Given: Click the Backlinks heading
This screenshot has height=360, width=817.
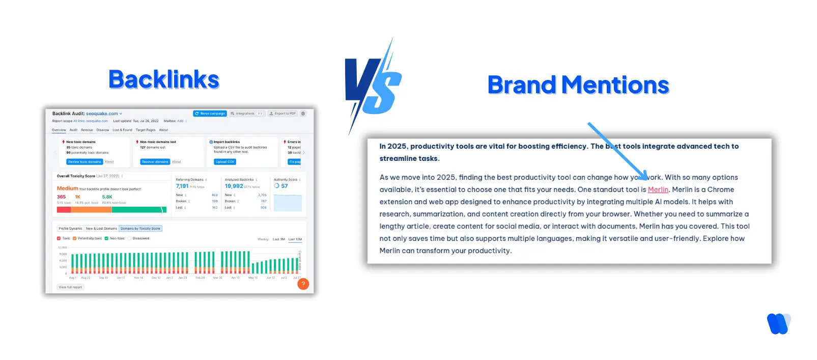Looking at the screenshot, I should (x=163, y=80).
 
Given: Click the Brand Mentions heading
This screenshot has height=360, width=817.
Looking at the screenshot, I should (x=578, y=85).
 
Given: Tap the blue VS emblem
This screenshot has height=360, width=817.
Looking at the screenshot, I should (x=373, y=87).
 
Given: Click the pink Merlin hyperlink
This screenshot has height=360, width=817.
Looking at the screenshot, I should (x=658, y=189).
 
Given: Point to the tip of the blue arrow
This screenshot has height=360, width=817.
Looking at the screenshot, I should (x=646, y=179).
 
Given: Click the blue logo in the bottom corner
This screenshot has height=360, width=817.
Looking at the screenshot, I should (x=778, y=323).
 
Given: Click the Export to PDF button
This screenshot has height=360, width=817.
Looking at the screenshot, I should (x=283, y=114).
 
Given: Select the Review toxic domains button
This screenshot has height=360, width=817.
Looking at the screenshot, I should (x=84, y=162).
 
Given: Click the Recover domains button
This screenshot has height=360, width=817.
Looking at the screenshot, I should (x=155, y=162).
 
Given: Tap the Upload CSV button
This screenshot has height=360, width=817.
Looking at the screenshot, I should (x=224, y=162).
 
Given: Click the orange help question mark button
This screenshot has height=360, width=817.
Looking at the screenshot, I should (x=303, y=284).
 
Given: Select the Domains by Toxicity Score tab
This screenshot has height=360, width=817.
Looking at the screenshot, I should (x=140, y=229).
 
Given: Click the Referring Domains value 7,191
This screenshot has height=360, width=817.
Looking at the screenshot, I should (x=182, y=186).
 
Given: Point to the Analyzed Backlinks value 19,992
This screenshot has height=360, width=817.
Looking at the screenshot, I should (x=234, y=186).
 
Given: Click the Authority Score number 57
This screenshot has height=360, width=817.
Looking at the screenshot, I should (x=285, y=186).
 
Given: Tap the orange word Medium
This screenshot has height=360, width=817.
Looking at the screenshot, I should (x=67, y=188).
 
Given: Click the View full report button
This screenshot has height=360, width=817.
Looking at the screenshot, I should (x=70, y=287).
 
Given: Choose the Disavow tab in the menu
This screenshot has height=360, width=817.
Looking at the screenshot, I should (x=102, y=130).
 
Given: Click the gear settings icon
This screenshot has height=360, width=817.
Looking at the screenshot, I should (x=303, y=114).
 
